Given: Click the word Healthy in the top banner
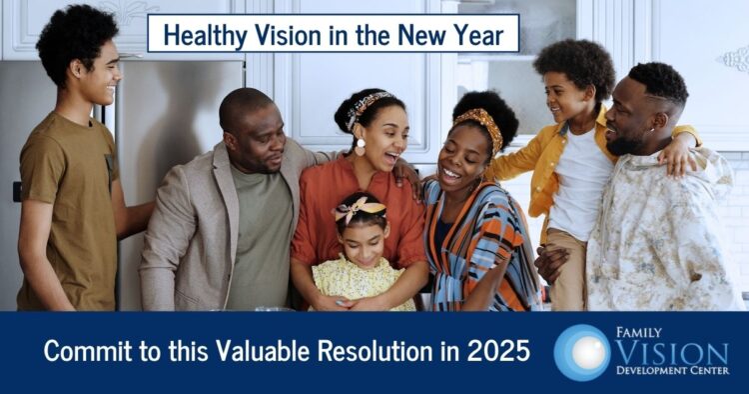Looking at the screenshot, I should click(x=202, y=34).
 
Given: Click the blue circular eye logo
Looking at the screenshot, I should click(x=582, y=352).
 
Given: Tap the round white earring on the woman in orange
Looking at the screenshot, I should click(x=358, y=145).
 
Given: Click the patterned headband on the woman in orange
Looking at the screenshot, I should click(x=372, y=103).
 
